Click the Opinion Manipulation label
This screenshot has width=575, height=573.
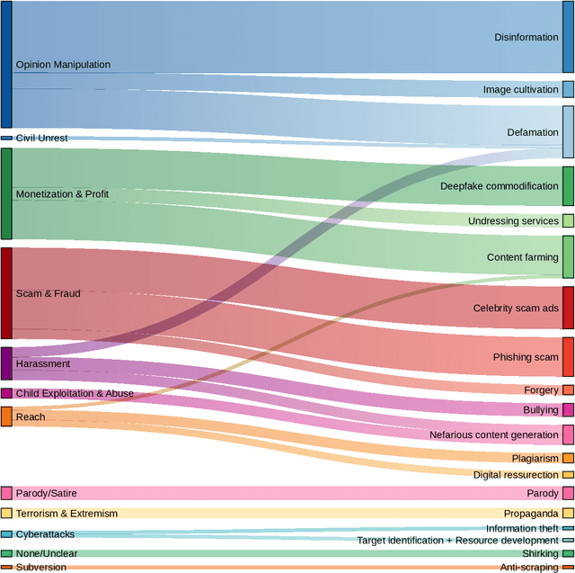tap(63, 65)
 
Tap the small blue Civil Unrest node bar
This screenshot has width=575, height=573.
tap(6, 139)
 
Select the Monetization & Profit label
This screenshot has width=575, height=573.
tap(62, 194)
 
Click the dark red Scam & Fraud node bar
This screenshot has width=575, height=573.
tap(6, 293)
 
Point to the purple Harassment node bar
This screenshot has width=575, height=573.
tap(6, 363)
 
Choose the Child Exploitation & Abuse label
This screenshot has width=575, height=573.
tap(75, 393)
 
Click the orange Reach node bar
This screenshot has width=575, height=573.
tap(6, 416)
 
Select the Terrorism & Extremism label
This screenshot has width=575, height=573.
tap(66, 513)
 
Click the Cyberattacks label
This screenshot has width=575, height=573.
tap(45, 534)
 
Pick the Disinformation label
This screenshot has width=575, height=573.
tap(526, 38)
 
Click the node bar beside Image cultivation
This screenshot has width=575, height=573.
tap(568, 89)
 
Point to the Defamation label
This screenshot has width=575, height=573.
tap(532, 132)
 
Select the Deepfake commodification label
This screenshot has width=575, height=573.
tap(499, 186)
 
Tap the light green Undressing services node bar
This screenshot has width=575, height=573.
tap(568, 220)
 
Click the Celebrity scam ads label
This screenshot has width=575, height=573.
tap(516, 308)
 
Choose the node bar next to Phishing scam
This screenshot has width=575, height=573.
tap(568, 357)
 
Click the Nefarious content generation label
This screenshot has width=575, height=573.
tap(493, 434)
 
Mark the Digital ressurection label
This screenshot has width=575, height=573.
tap(516, 475)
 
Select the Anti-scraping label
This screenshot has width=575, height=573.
tap(528, 568)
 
